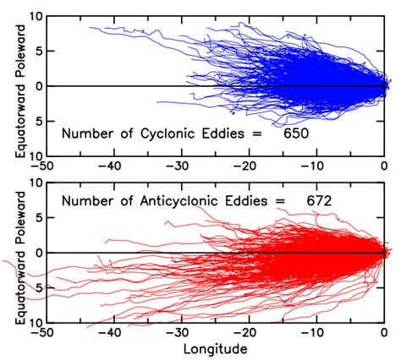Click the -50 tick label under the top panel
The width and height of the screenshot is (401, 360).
[40, 166]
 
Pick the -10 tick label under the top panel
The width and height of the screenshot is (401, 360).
[314, 166]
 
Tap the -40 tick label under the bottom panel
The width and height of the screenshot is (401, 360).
[108, 333]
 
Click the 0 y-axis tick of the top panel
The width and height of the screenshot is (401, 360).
[34, 86]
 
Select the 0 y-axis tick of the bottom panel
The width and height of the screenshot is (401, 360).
[34, 253]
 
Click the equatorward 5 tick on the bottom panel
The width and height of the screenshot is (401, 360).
[34, 288]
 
